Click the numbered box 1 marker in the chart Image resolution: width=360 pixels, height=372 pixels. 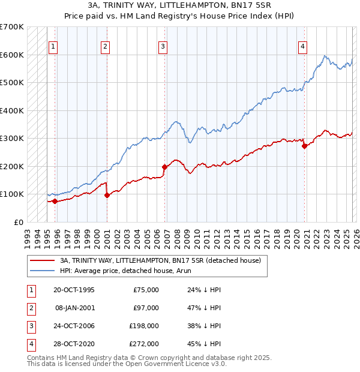point(53,46)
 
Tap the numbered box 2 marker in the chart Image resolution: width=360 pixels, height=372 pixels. point(105,46)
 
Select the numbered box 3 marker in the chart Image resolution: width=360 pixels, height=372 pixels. point(163,46)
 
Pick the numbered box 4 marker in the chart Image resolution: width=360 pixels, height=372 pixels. point(303,46)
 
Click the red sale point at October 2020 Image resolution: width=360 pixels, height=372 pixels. point(305,146)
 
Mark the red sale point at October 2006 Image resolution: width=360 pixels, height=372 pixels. point(164,167)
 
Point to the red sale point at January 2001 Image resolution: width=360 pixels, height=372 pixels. point(107,195)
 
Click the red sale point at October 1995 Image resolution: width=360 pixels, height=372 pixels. point(55,201)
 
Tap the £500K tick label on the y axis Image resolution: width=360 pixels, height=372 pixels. point(12,83)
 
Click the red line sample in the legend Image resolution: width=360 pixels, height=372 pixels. point(42,261)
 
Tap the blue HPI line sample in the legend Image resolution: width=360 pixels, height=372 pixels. point(42,271)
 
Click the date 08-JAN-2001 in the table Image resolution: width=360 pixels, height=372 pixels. point(74,308)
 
